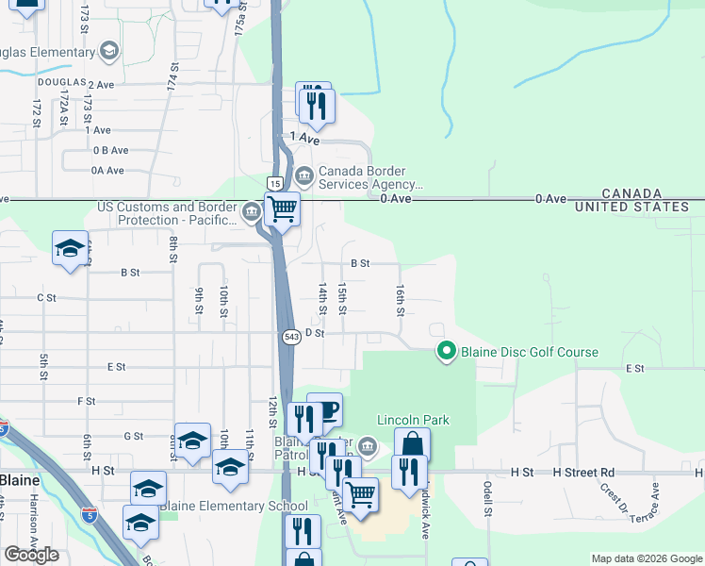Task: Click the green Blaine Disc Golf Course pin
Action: [x=447, y=352]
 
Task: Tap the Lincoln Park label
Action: [x=413, y=420]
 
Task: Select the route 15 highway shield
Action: [x=273, y=182]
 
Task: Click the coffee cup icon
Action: [x=325, y=409]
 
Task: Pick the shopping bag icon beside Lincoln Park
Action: [x=412, y=444]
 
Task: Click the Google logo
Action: [x=31, y=555]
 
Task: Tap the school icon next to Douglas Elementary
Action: [x=109, y=50]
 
